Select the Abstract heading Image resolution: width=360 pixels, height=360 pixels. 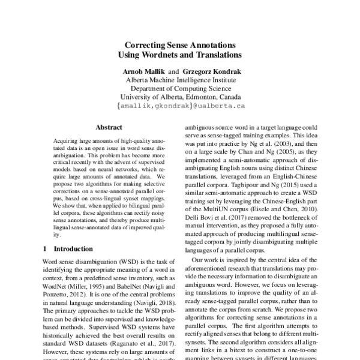[109, 127]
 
